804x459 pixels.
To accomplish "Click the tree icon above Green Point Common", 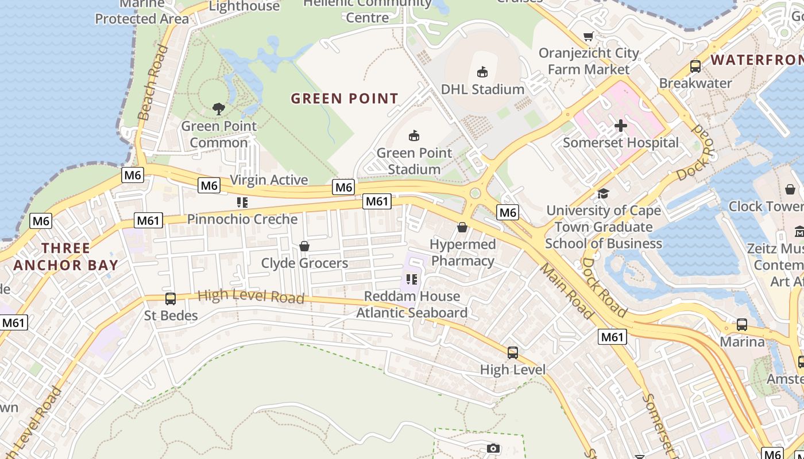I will coord(218,108).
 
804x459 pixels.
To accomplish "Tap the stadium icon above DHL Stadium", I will coord(482,72).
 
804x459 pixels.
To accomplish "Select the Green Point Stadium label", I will coord(414,161).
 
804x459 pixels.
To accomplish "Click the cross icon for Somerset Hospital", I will coord(621,126).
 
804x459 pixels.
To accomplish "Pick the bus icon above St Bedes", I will coord(171,299).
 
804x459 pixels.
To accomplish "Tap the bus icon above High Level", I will coord(513,353).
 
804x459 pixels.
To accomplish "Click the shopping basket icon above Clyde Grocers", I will coord(304,246).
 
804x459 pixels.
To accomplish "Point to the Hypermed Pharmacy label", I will coord(463,252).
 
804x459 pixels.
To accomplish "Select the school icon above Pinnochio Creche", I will coord(242,203).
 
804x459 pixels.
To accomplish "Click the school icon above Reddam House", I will coord(411,279).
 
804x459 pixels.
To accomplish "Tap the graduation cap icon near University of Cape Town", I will coord(603,194).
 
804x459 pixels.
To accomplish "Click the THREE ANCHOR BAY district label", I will coord(65,256).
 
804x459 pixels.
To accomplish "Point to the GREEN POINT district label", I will coord(345,99).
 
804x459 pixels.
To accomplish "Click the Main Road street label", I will coord(566,291).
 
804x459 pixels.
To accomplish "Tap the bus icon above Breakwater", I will coord(695,67).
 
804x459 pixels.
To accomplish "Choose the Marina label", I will coord(743,342).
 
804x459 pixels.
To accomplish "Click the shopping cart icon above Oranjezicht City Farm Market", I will coord(589,37).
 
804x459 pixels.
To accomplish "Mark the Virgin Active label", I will coord(269,180).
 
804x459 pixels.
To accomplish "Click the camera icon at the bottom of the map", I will coord(493,448).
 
